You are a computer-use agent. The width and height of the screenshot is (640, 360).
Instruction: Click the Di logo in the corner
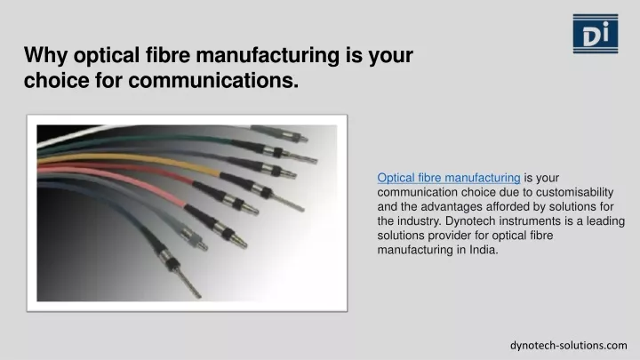[x=595, y=34]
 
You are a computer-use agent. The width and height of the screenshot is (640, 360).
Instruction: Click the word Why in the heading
[x=45, y=55]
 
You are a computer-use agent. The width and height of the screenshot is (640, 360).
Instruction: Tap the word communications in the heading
[x=213, y=80]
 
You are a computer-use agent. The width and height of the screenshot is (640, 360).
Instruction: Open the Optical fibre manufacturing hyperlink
[x=449, y=178]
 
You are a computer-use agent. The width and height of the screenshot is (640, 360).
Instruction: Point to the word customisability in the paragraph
[x=575, y=192]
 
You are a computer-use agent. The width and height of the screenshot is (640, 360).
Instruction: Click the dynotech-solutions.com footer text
[x=569, y=345]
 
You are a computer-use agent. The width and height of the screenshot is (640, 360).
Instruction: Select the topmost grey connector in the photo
[x=279, y=133]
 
